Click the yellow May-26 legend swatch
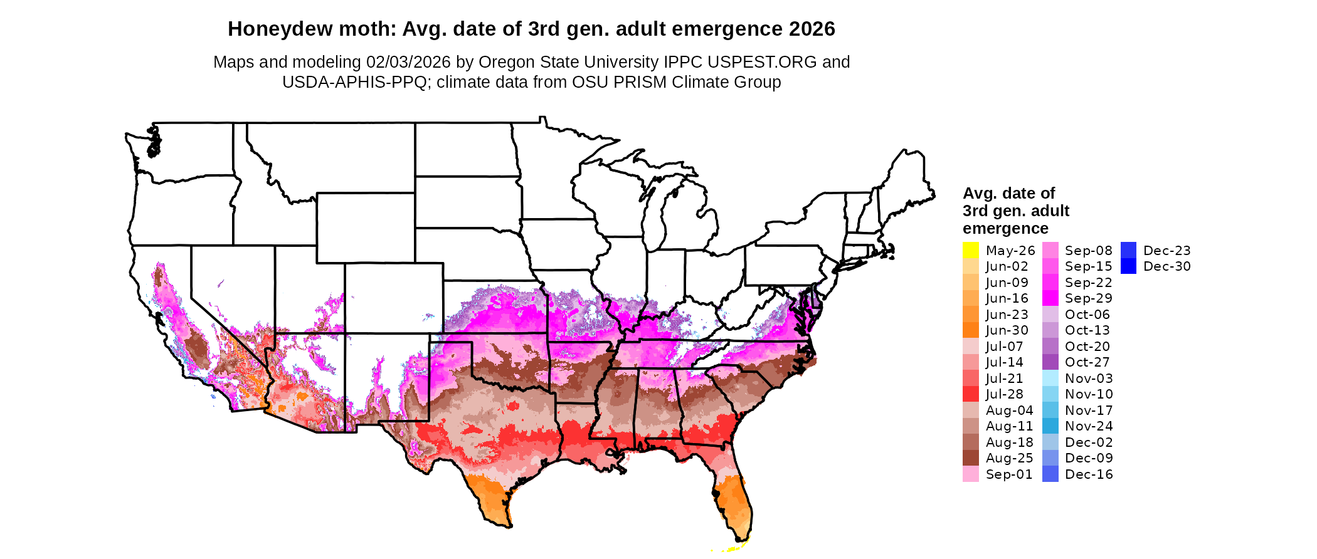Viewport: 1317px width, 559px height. pos(970,250)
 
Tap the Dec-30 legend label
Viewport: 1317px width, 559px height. pos(1166,266)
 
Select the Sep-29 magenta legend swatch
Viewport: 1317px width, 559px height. pos(1050,298)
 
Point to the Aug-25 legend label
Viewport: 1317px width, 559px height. pos(1009,458)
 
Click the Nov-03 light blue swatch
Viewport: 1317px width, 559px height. pos(1050,379)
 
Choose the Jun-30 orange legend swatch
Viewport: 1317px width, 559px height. pos(970,330)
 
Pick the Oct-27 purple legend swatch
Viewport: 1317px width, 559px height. pos(1050,362)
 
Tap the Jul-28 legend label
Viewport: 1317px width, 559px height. pos(1004,394)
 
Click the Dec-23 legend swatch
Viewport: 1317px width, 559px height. pos(1128,250)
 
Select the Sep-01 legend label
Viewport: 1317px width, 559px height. pos(1008,474)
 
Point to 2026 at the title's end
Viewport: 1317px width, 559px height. pos(812,29)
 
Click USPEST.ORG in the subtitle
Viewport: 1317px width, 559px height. pos(762,62)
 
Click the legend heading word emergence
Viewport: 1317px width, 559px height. pos(1005,229)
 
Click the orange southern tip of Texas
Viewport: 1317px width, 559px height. pos(495,511)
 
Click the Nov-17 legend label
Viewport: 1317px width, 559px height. pos(1089,410)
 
